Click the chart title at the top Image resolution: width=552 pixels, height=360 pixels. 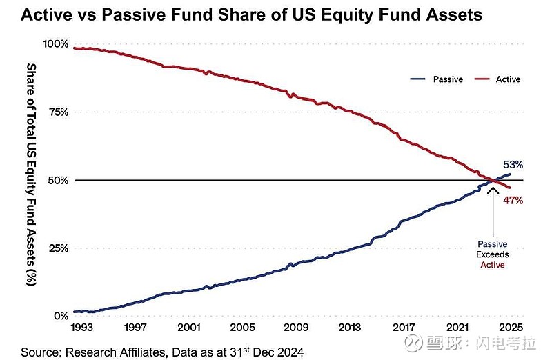click(252, 14)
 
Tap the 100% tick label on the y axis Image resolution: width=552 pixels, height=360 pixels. click(56, 44)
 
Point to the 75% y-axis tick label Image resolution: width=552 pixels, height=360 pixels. click(58, 112)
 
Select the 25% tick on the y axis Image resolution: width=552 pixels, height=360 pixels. click(58, 248)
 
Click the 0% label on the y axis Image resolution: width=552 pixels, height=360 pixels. click(61, 316)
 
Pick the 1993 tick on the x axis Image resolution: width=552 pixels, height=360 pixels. click(82, 328)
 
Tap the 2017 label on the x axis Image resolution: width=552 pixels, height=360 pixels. click(404, 328)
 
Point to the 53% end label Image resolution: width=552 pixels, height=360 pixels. click(513, 165)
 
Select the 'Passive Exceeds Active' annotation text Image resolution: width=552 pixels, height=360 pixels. click(493, 254)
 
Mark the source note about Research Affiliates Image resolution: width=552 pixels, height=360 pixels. click(162, 352)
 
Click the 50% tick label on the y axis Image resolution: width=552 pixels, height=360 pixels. click(58, 181)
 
